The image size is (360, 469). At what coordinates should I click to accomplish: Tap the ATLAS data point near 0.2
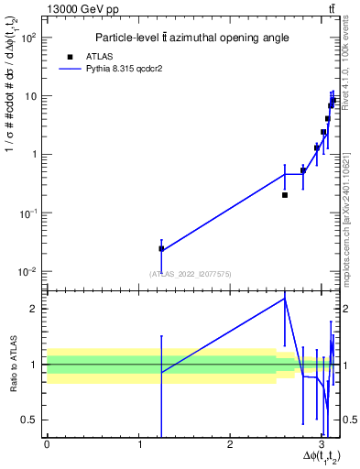(x=285, y=195)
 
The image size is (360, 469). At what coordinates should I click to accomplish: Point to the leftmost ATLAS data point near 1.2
(x=161, y=248)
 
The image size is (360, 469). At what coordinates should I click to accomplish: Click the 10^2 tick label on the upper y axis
(x=29, y=38)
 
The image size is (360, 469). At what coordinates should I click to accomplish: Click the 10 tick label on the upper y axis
(x=32, y=96)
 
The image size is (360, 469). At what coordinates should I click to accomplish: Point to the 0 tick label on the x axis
(x=47, y=445)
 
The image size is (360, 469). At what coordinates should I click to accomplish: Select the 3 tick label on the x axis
(x=322, y=445)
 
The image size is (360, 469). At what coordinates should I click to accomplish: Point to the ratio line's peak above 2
(x=285, y=298)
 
